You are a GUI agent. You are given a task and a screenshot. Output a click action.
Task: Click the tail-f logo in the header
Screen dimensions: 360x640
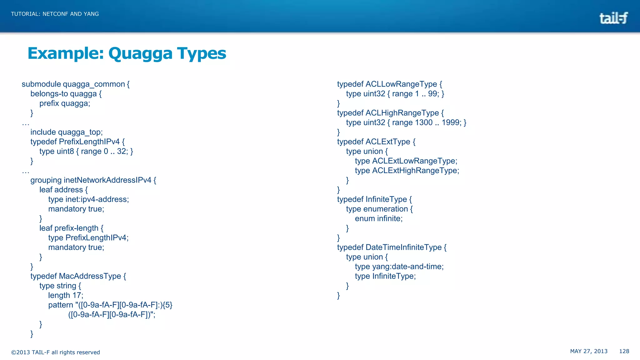click(613, 18)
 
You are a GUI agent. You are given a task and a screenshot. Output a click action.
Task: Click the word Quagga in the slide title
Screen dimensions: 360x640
click(140, 53)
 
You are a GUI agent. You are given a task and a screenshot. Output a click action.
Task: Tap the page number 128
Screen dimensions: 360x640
click(624, 351)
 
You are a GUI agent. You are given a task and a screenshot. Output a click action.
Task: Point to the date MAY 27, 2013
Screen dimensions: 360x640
click(589, 351)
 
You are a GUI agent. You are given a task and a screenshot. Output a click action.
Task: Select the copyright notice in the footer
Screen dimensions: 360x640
click(56, 352)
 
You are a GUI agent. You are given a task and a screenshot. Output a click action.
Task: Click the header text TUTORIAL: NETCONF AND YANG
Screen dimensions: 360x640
click(55, 14)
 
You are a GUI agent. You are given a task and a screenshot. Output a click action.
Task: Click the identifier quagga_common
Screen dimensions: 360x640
click(94, 84)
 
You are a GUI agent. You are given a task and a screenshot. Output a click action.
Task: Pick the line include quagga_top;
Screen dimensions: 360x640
click(66, 132)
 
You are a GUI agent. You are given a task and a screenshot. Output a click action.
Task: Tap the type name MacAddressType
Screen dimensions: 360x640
click(90, 276)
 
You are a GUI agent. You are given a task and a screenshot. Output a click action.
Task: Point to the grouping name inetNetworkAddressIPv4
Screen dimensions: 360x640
click(107, 180)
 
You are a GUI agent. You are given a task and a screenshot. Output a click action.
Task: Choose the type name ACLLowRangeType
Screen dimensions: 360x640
click(401, 84)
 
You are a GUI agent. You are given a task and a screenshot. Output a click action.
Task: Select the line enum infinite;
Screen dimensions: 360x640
click(379, 218)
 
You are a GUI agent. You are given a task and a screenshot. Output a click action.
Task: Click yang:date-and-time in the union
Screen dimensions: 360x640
click(407, 267)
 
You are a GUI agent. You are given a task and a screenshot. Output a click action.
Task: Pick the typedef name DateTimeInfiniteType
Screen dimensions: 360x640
click(403, 247)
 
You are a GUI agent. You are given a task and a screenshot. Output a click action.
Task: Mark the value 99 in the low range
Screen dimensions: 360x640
click(433, 94)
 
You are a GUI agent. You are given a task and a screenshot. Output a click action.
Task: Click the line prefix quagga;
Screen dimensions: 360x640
click(65, 103)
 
